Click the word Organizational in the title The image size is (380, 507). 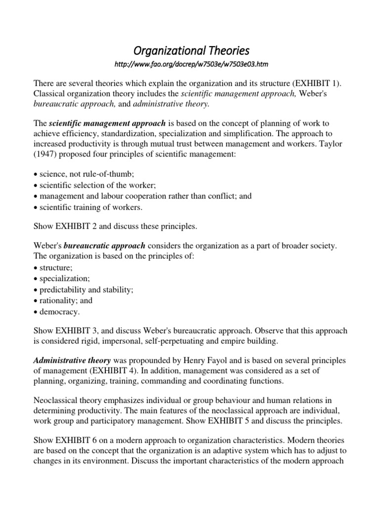click(164, 51)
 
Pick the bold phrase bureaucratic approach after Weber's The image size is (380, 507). click(104, 246)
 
